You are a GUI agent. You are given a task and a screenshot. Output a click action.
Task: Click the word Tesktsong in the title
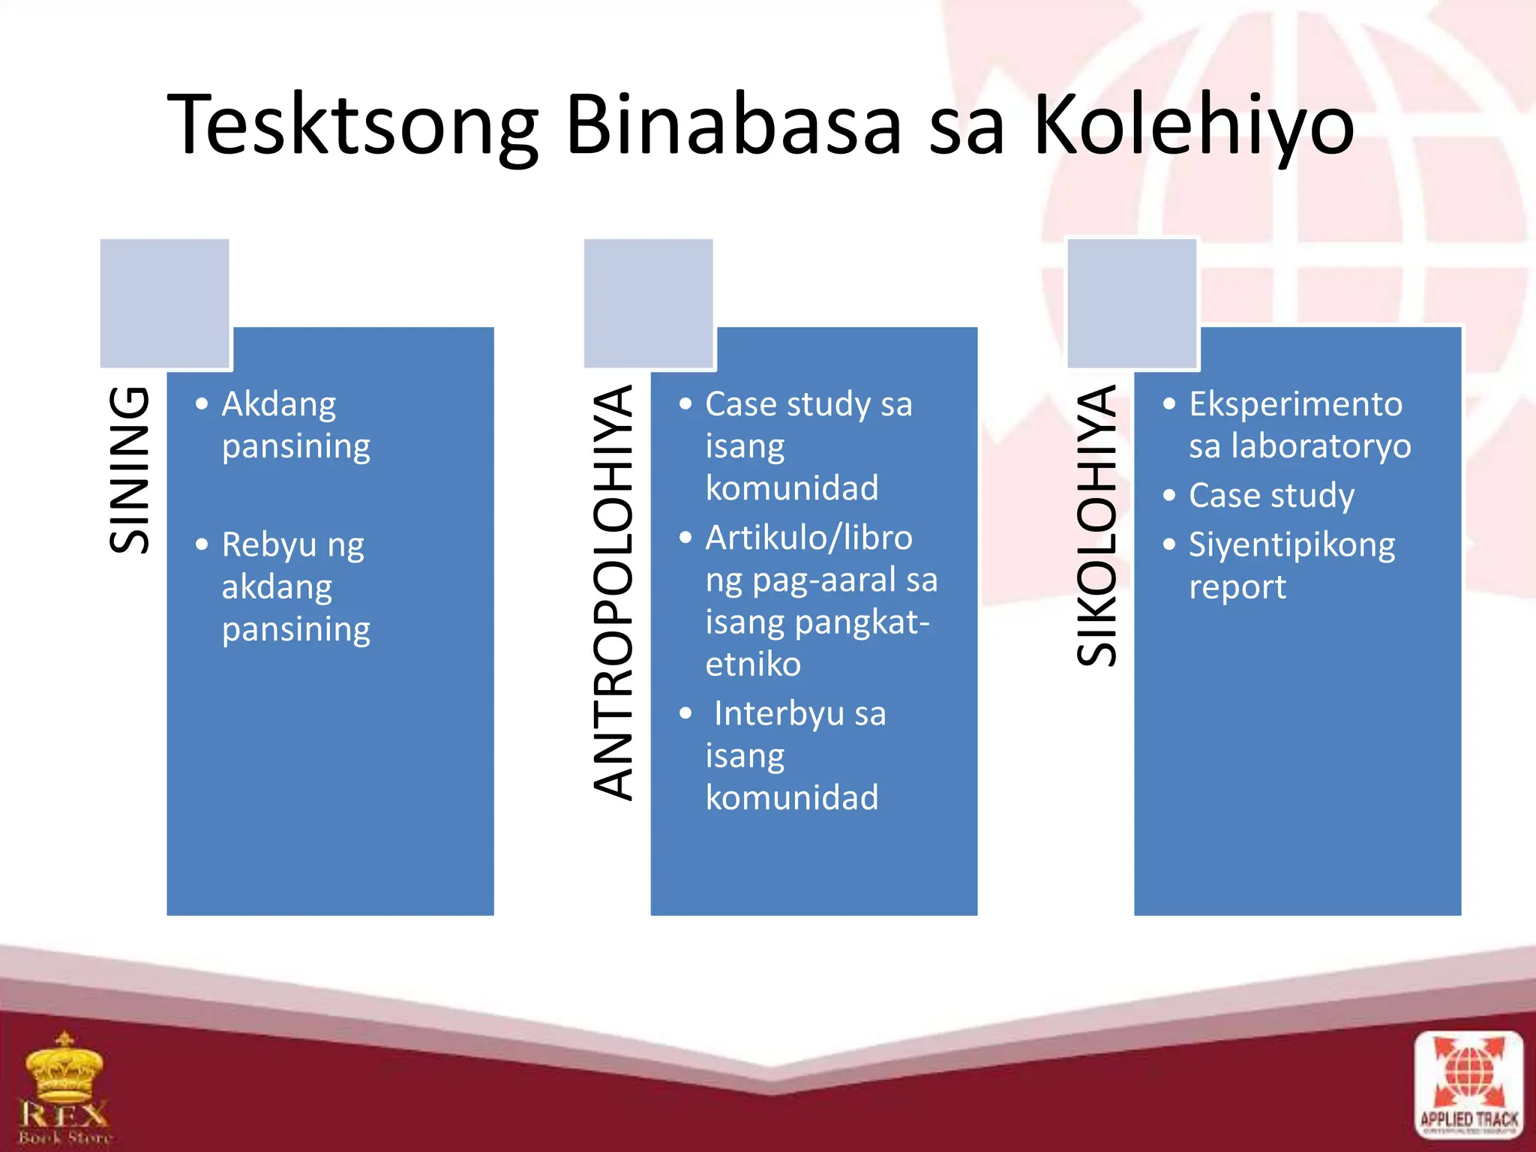coord(352,125)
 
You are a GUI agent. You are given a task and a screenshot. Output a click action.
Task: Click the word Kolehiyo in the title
coord(1193,125)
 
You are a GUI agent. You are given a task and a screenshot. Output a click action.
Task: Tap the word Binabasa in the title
coord(733,124)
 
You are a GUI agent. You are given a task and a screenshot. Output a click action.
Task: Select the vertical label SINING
coord(130,470)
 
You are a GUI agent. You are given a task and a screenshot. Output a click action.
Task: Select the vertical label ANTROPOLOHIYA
coord(613,592)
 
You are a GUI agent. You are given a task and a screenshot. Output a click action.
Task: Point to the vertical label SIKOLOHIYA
coord(1097,525)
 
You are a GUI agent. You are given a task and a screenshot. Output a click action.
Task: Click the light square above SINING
coord(164,302)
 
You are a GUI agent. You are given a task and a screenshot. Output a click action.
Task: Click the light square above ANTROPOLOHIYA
coord(648,302)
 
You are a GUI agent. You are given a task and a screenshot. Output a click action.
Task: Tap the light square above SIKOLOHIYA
coord(1132,302)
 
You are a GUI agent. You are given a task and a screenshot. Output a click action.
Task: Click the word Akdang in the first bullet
coord(279,404)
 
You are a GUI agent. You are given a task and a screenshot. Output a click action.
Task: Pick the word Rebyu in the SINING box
coord(269,544)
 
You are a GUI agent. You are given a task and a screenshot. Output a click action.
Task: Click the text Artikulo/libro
coord(808,538)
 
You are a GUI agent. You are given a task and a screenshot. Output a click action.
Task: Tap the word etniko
coord(753,664)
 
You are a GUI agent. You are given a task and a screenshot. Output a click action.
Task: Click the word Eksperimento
coord(1295,404)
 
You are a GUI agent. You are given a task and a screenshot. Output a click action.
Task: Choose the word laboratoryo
coord(1321,446)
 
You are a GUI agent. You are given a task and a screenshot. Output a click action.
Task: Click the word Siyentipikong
coord(1291,544)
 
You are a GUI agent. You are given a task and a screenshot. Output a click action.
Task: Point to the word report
coord(1237,587)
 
